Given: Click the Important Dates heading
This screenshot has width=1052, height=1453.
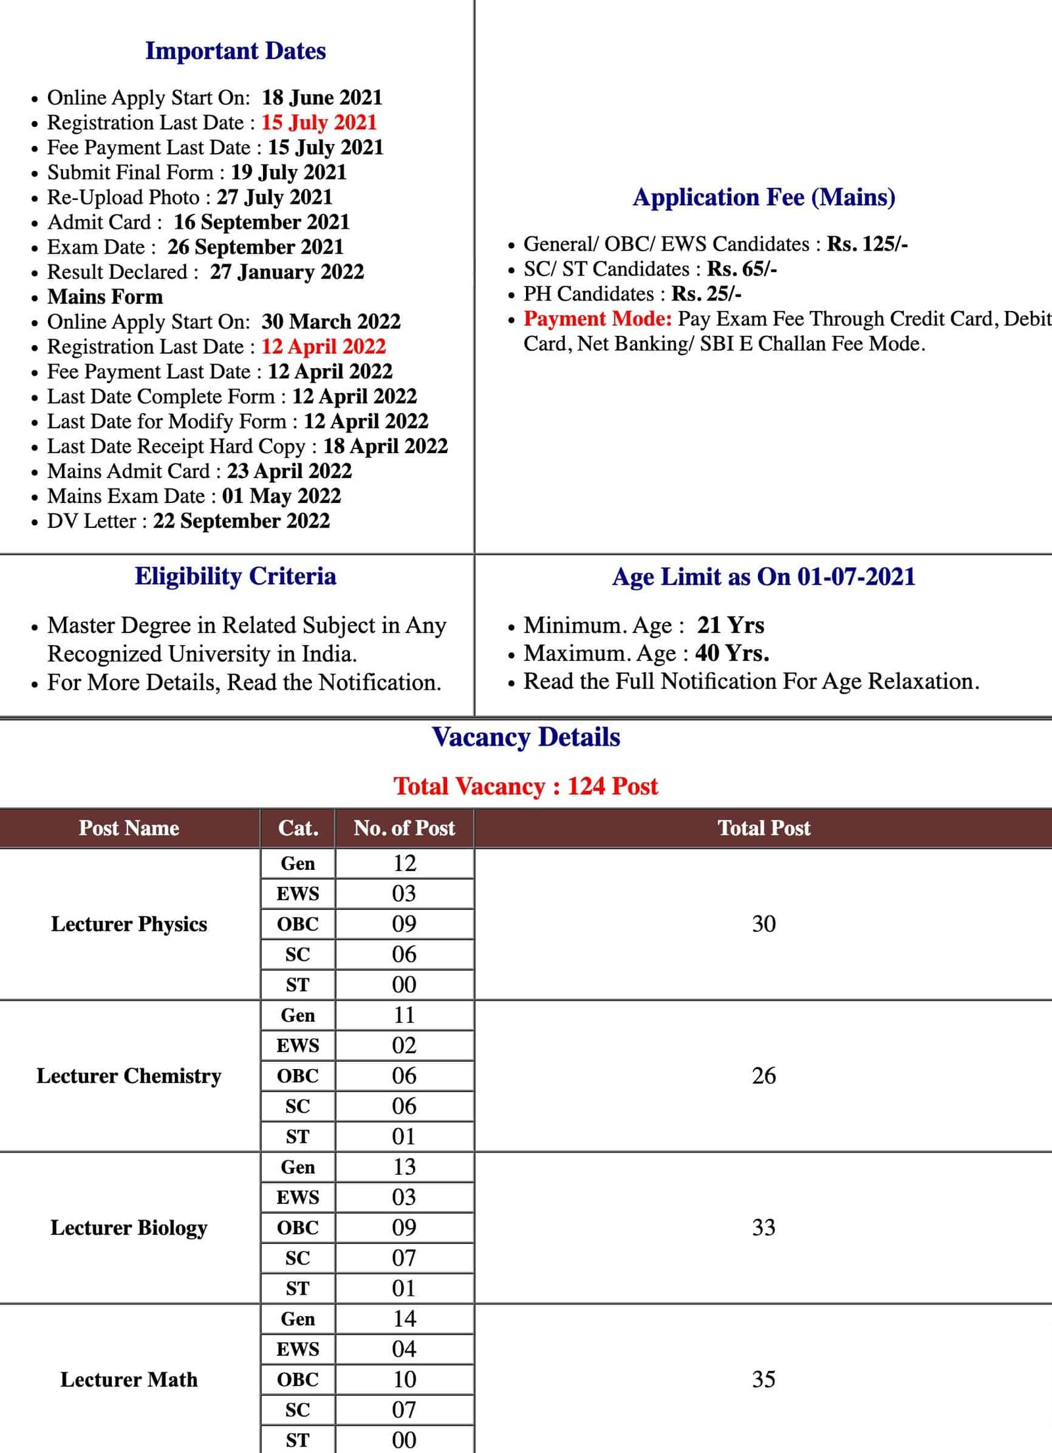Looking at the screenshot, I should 235,51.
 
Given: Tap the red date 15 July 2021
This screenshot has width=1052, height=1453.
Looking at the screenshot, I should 319,122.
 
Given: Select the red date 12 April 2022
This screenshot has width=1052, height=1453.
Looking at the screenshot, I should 323,346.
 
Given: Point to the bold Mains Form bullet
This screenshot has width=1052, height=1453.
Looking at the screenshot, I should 105,297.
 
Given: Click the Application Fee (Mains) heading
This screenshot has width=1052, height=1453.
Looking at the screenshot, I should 763,197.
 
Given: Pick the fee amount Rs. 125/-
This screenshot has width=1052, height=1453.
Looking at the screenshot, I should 867,244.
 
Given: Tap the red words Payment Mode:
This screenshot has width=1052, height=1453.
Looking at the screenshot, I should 597,319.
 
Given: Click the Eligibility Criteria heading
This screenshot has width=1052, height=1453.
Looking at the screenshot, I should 235,577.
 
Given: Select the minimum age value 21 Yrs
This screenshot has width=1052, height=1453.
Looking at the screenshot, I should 730,625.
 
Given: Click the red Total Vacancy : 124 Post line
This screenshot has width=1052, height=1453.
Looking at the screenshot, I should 525,786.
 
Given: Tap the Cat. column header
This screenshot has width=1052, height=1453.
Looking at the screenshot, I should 298,828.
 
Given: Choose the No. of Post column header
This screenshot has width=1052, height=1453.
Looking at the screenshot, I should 404,828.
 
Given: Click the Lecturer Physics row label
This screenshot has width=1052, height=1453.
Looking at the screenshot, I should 129,924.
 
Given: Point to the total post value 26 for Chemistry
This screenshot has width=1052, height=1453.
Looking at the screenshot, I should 763,1076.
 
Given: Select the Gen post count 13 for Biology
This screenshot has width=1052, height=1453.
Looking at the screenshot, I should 404,1167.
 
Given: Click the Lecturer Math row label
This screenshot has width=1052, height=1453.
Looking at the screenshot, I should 129,1379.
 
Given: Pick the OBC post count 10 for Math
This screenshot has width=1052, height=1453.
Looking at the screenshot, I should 404,1379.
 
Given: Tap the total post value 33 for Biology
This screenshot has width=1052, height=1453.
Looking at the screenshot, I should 763,1227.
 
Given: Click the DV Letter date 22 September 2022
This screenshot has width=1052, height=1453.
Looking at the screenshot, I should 241,521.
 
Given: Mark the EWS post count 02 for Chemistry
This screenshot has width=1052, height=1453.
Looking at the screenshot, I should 404,1045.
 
